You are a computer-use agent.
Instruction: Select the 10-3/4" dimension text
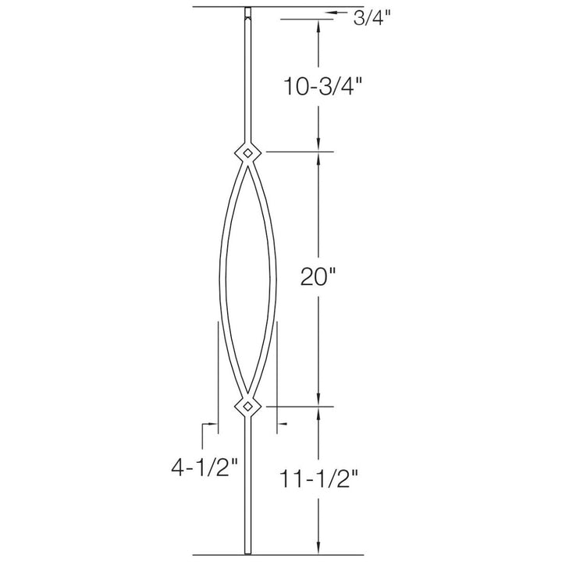[x=319, y=87]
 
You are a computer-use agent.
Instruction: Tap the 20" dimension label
[x=319, y=276]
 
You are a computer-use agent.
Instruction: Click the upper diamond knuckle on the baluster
[x=247, y=152]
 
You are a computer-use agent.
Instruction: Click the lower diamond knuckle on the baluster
[x=247, y=406]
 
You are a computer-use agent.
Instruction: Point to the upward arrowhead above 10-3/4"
[x=318, y=25]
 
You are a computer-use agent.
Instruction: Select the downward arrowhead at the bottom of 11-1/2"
[x=318, y=546]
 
